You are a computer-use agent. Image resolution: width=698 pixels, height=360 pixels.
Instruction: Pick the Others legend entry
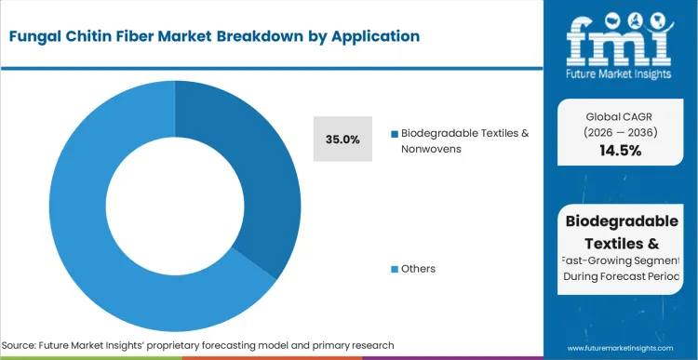click(x=418, y=269)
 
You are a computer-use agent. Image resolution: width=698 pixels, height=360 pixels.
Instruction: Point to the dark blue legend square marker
click(x=394, y=133)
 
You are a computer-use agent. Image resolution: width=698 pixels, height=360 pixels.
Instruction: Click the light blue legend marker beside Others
click(x=394, y=269)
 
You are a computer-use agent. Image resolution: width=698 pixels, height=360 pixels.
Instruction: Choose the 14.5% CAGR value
click(x=622, y=150)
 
